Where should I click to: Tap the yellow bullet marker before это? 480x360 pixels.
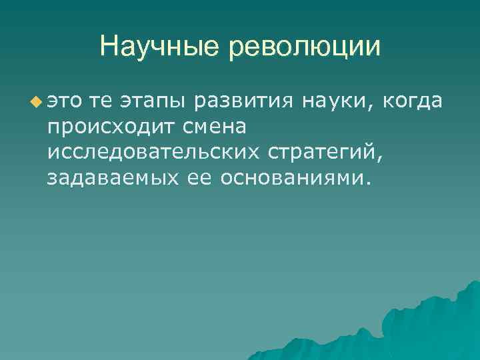pyautogui.click(x=35, y=101)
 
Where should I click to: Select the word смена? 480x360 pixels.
pyautogui.click(x=212, y=126)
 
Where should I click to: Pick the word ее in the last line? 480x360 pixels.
pyautogui.click(x=191, y=177)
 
